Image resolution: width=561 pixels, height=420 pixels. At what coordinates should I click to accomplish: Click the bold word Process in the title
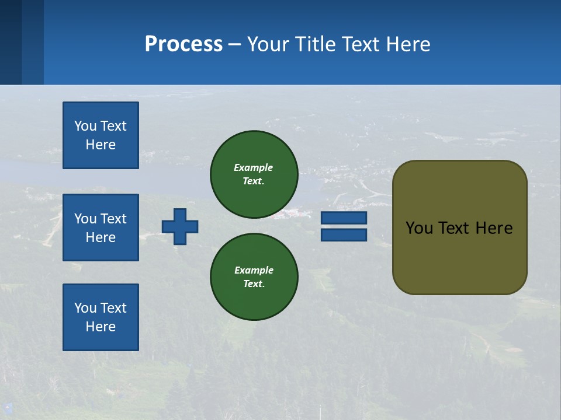click(183, 44)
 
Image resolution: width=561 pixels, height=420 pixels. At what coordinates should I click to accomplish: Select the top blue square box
click(101, 135)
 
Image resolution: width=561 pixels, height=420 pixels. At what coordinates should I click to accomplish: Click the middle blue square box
click(101, 228)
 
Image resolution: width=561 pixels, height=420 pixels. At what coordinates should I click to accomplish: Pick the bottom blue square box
click(101, 317)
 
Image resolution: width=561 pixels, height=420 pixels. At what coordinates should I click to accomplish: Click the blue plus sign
click(180, 226)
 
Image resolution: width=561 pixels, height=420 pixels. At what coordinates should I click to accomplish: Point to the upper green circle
click(254, 174)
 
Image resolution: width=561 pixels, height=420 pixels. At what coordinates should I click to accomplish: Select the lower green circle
click(254, 277)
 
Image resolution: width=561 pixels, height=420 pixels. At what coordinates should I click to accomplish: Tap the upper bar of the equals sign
click(344, 218)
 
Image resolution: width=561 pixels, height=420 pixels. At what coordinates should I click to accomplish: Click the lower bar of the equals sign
click(344, 235)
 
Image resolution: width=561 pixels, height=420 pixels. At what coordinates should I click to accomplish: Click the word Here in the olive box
click(494, 228)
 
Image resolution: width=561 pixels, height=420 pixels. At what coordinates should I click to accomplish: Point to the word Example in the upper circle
click(254, 167)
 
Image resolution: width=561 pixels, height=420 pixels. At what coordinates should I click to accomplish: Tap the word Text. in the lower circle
click(254, 284)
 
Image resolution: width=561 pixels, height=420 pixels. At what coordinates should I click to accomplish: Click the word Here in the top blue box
click(101, 145)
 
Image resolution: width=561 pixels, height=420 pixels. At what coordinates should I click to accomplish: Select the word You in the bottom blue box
click(85, 308)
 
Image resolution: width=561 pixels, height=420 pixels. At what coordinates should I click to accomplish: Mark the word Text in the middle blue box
click(113, 219)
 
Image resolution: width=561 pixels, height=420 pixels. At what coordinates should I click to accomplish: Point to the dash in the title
click(235, 44)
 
